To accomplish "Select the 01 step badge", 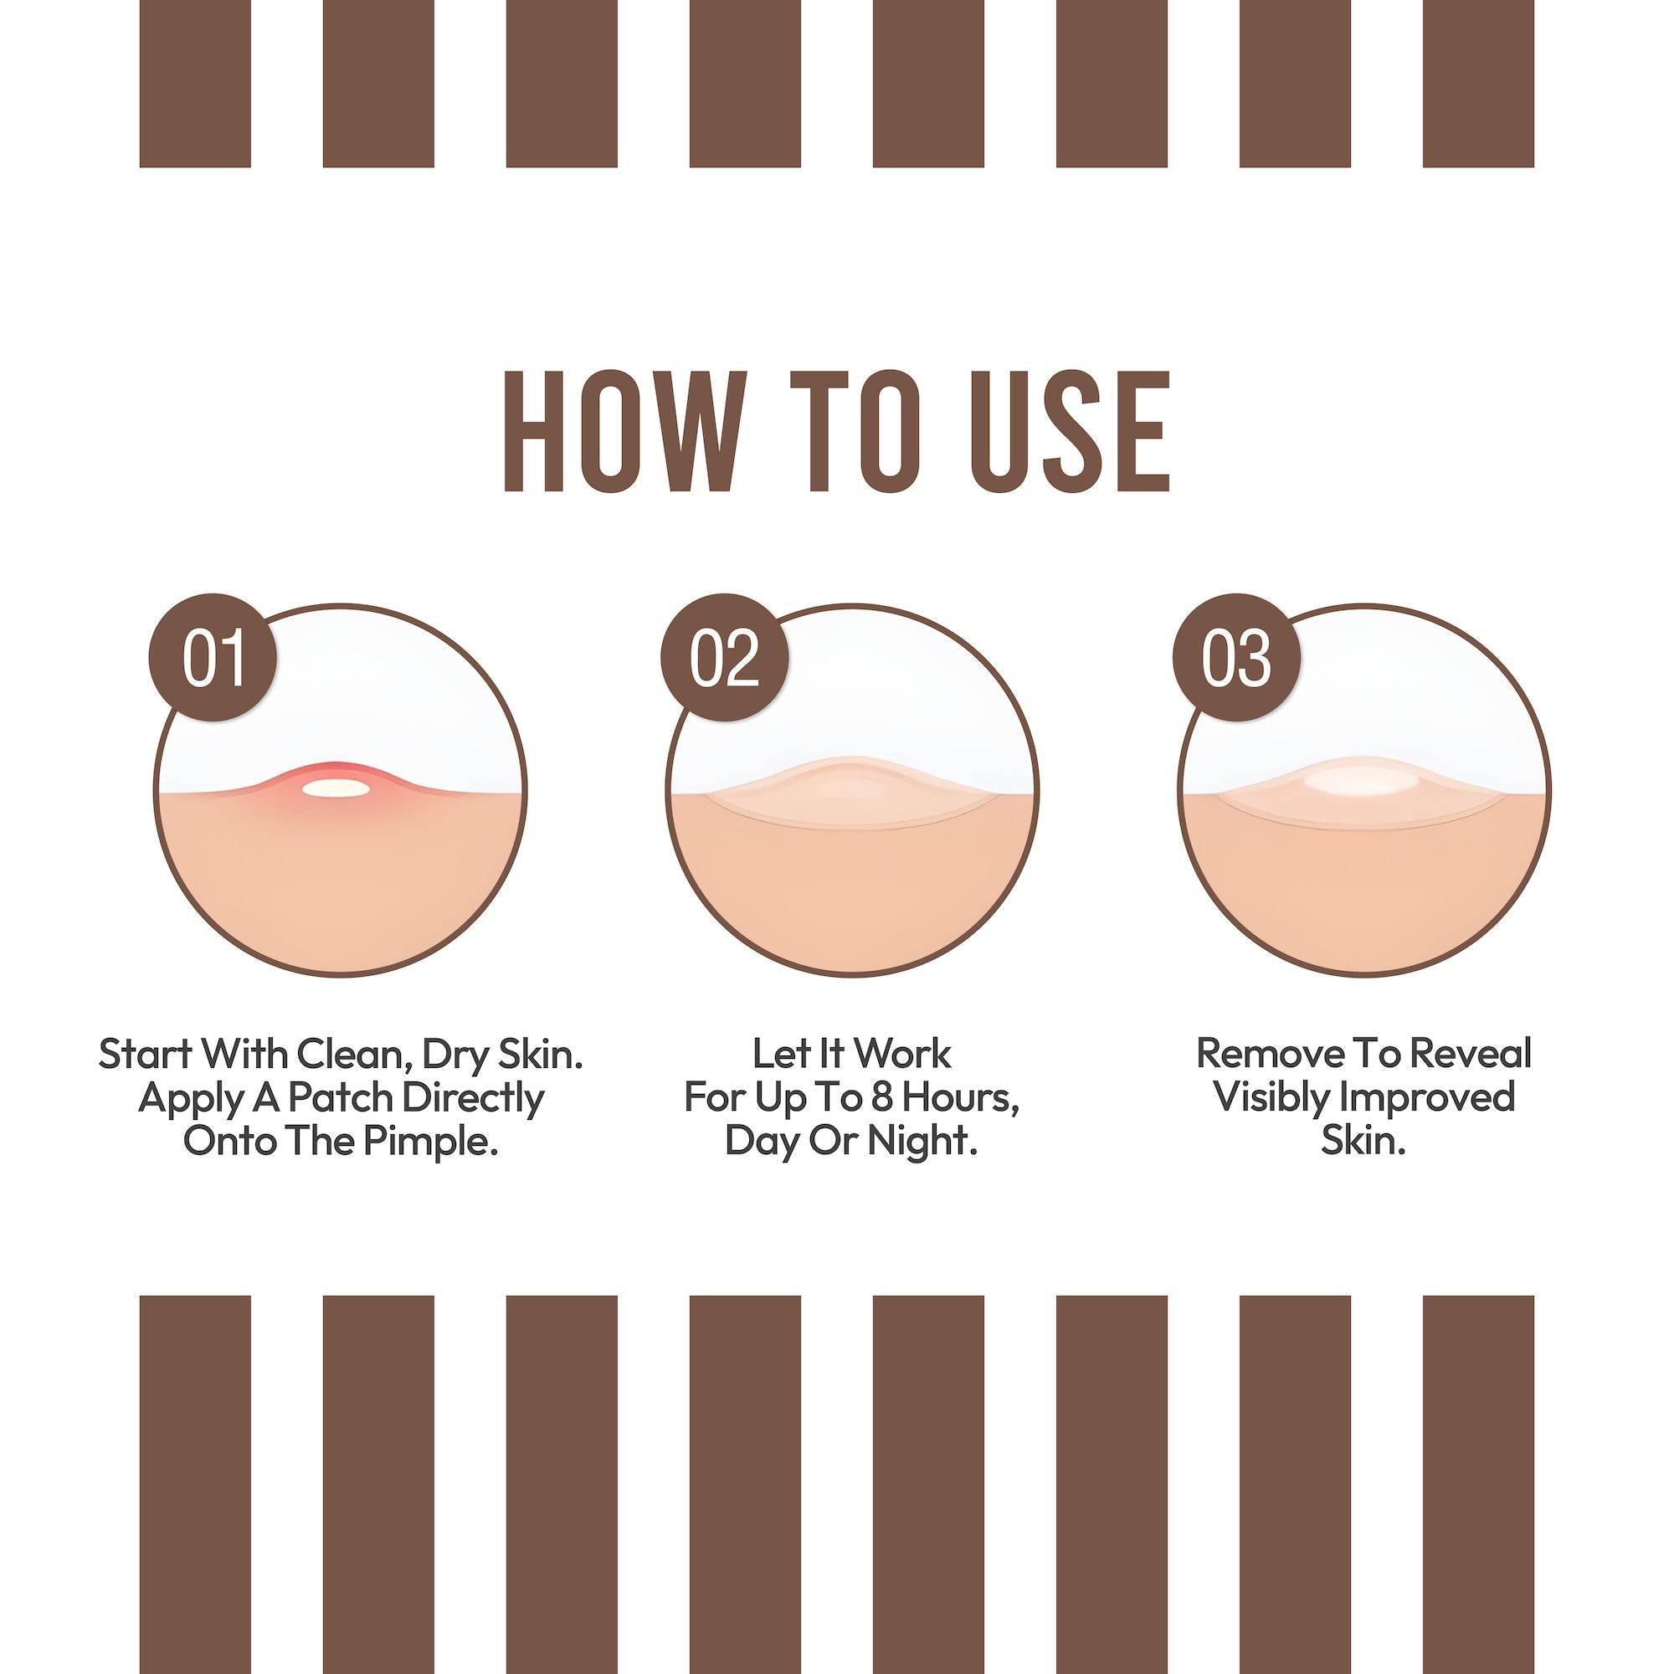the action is (x=213, y=658).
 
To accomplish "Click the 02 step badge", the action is (x=724, y=658).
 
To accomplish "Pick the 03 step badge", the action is (x=1236, y=658).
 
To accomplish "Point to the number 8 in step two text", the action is (x=882, y=1099).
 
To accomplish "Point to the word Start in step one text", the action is (x=144, y=1055).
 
